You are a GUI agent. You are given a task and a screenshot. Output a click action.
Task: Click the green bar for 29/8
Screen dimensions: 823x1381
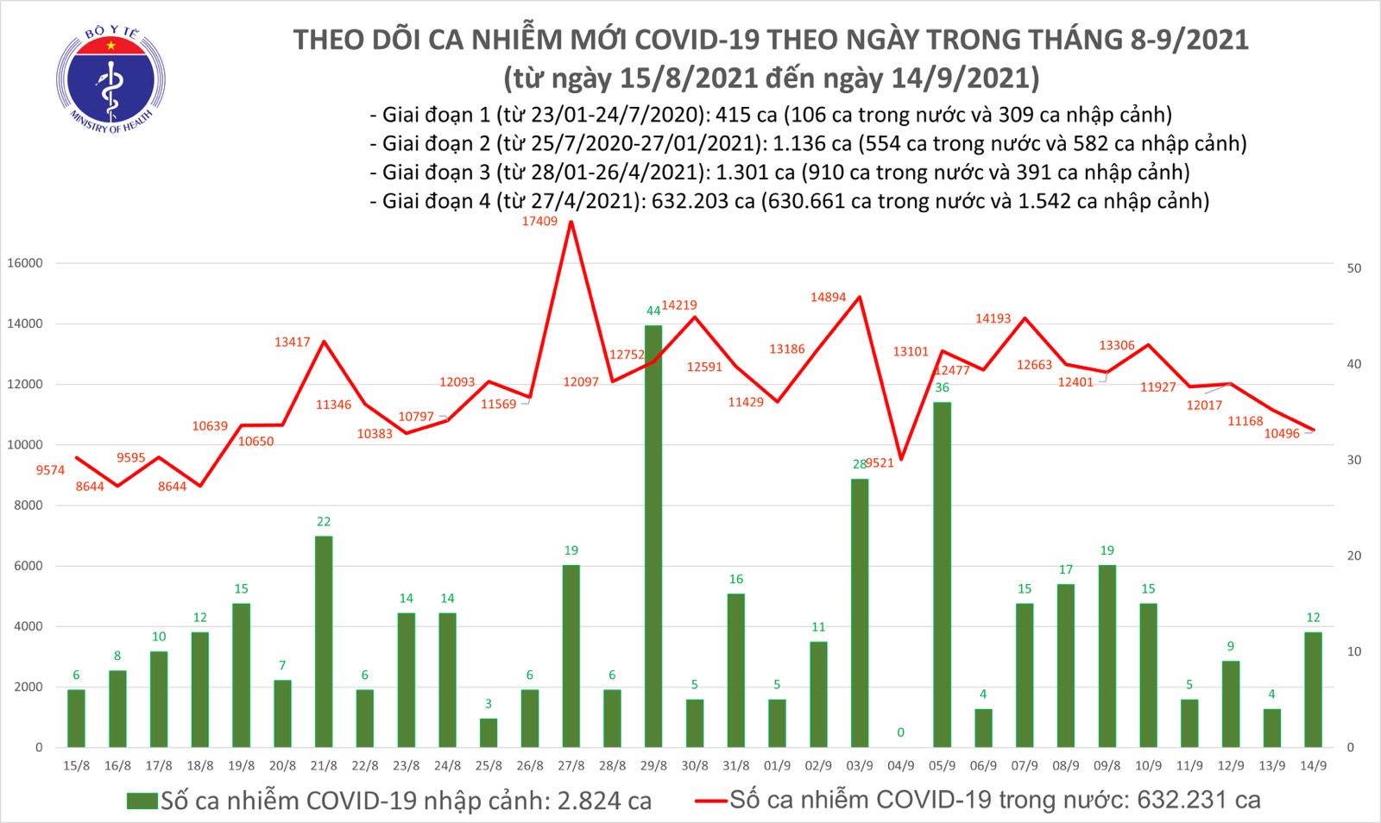[x=653, y=535]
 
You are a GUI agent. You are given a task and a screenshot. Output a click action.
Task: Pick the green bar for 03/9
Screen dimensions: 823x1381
[x=860, y=613]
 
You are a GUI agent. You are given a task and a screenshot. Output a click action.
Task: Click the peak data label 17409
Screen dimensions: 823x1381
[x=539, y=222]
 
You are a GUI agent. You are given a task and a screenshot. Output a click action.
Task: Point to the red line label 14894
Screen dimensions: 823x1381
[x=828, y=298]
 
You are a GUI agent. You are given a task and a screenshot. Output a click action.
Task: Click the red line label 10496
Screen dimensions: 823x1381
[x=1282, y=434]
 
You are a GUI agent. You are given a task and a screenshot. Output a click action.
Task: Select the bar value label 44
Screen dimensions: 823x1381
[x=653, y=311]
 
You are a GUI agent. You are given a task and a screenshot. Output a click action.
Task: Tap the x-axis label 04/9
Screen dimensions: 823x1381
[x=900, y=766]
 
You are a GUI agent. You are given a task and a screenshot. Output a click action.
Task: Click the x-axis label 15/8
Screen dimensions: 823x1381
[x=76, y=766]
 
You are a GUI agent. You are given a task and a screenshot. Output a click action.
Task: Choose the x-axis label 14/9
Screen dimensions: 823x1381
[x=1313, y=766]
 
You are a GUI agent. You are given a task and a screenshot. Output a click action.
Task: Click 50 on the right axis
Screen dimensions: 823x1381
[x=1354, y=268]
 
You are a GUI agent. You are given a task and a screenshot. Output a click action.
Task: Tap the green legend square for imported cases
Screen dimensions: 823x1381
[x=142, y=801]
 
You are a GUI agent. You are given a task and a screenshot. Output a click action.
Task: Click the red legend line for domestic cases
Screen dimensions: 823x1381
[x=710, y=801]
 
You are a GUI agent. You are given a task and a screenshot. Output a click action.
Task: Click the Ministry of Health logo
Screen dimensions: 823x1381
[x=110, y=80]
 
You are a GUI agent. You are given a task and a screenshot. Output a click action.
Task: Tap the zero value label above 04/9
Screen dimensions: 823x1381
[x=900, y=732]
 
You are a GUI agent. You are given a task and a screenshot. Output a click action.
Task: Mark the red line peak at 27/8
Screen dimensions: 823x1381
[x=571, y=223]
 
